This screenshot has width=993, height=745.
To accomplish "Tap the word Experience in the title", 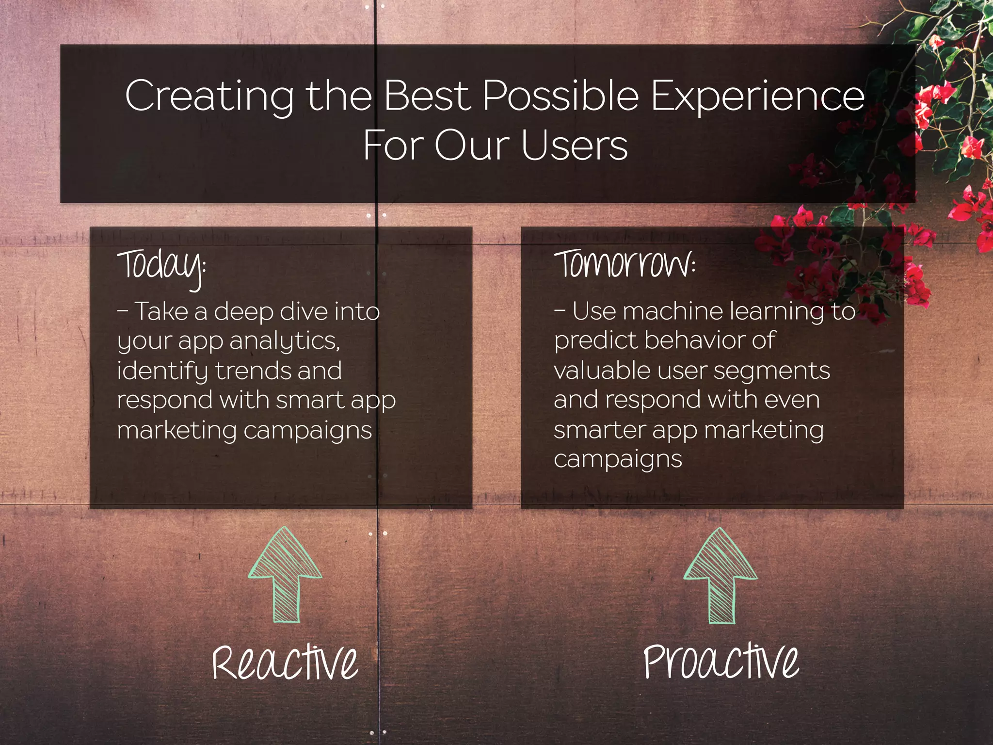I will click(757, 96).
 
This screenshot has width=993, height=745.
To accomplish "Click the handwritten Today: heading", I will click(161, 266).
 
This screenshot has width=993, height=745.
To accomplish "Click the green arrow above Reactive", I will click(285, 575).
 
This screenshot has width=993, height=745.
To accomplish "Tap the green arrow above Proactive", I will click(721, 576).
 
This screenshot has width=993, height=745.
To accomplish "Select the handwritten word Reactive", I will click(285, 662).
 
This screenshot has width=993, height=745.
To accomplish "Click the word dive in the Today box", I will click(304, 311).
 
